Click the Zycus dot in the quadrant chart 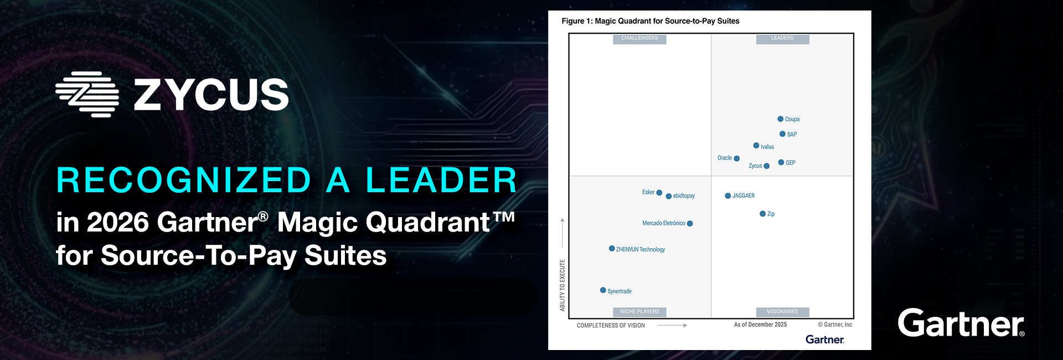766,166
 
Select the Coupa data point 780,119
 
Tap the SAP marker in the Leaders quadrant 782,134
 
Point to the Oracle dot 736,158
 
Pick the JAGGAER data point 727,196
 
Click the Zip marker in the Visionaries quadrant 762,214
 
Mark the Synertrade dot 603,290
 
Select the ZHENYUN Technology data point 612,249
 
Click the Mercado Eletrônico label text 663,223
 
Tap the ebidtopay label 684,196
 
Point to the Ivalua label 767,147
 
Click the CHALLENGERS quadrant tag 639,38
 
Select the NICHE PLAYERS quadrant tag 639,312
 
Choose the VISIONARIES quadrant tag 782,312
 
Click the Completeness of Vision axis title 611,326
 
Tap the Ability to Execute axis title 563,285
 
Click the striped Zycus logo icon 87,94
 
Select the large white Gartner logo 961,323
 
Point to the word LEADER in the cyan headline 441,181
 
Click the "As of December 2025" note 760,325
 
